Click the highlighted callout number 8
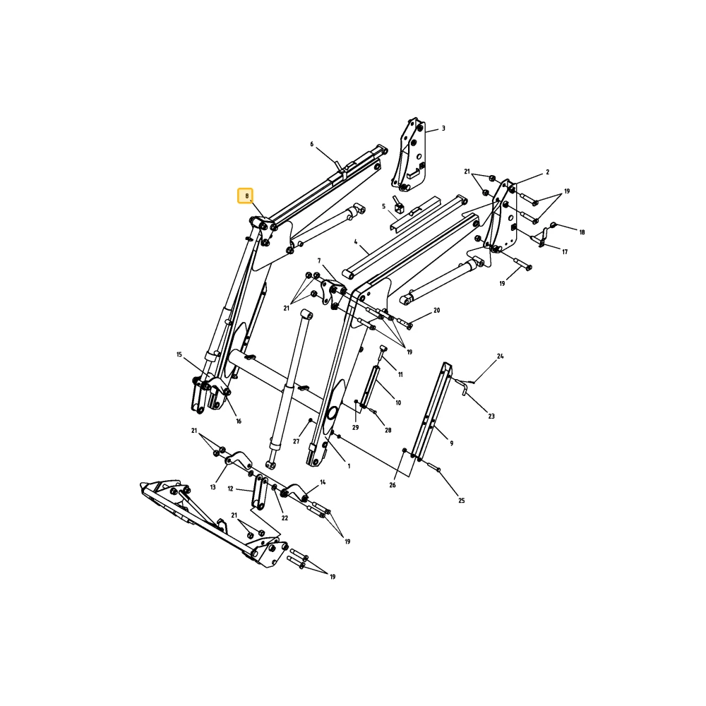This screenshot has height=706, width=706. click(x=246, y=196)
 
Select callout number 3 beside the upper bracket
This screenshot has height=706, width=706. click(x=443, y=128)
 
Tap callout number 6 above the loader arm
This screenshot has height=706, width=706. click(x=311, y=144)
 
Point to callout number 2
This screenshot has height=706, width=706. click(x=548, y=172)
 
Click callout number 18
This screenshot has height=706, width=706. click(x=582, y=232)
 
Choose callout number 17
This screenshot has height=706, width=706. click(x=565, y=252)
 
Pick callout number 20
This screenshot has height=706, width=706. click(x=437, y=310)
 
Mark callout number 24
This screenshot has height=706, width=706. click(x=501, y=356)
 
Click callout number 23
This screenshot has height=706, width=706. click(x=491, y=417)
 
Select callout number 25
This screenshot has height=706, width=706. click(x=462, y=501)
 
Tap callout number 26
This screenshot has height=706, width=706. click(x=393, y=485)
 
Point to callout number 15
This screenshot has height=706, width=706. click(x=179, y=355)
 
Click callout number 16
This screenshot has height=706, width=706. click(x=239, y=421)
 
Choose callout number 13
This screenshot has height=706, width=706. click(x=213, y=487)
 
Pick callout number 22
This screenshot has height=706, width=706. click(x=285, y=518)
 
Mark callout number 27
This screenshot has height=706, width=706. click(x=297, y=442)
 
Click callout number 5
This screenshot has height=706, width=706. click(x=383, y=206)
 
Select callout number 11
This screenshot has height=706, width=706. click(x=400, y=375)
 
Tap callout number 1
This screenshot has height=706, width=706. click(x=349, y=467)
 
